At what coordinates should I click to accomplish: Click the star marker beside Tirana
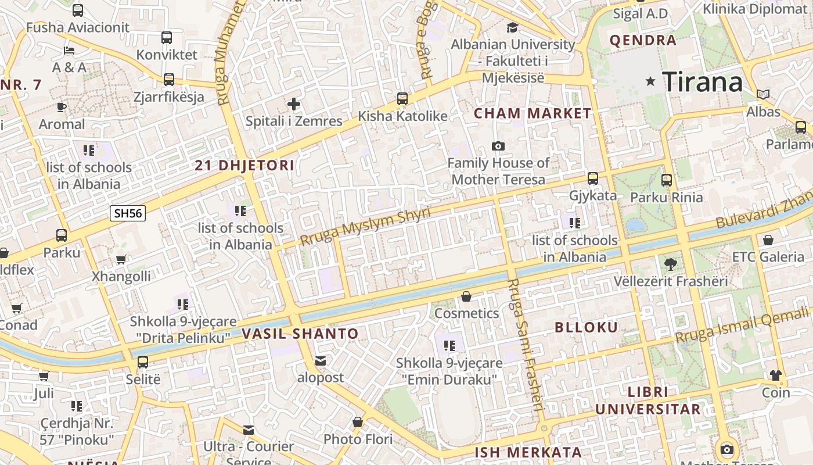pyautogui.click(x=650, y=82)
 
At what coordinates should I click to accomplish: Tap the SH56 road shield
pyautogui.click(x=128, y=213)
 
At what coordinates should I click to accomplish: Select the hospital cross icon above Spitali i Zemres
pyautogui.click(x=294, y=104)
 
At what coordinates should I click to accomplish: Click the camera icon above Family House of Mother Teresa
pyautogui.click(x=498, y=146)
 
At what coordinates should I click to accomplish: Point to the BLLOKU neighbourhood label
pyautogui.click(x=587, y=327)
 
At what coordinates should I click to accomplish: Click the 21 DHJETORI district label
pyautogui.click(x=244, y=166)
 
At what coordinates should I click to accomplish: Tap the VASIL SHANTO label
pyautogui.click(x=300, y=334)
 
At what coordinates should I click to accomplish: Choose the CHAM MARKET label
pyautogui.click(x=533, y=114)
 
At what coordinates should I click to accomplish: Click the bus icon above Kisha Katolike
pyautogui.click(x=402, y=99)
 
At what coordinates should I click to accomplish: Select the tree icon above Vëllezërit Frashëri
pyautogui.click(x=670, y=264)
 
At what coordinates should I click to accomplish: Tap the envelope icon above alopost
pyautogui.click(x=320, y=361)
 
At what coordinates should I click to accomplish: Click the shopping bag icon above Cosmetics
pyautogui.click(x=466, y=297)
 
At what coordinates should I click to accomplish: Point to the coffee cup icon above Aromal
pyautogui.click(x=62, y=107)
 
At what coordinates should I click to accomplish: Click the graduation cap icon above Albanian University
pyautogui.click(x=512, y=27)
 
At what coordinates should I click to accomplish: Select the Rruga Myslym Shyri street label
pyautogui.click(x=366, y=226)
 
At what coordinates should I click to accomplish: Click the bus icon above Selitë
pyautogui.click(x=143, y=362)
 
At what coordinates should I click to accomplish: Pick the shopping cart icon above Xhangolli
pyautogui.click(x=121, y=259)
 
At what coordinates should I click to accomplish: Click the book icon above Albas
pyautogui.click(x=762, y=94)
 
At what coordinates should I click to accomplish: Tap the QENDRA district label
pyautogui.click(x=643, y=41)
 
